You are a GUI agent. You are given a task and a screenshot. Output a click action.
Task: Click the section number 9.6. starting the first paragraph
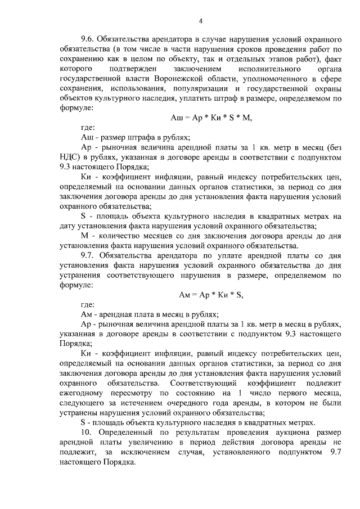pos(89,39)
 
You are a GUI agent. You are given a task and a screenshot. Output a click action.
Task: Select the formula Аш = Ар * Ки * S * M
pos(210,118)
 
